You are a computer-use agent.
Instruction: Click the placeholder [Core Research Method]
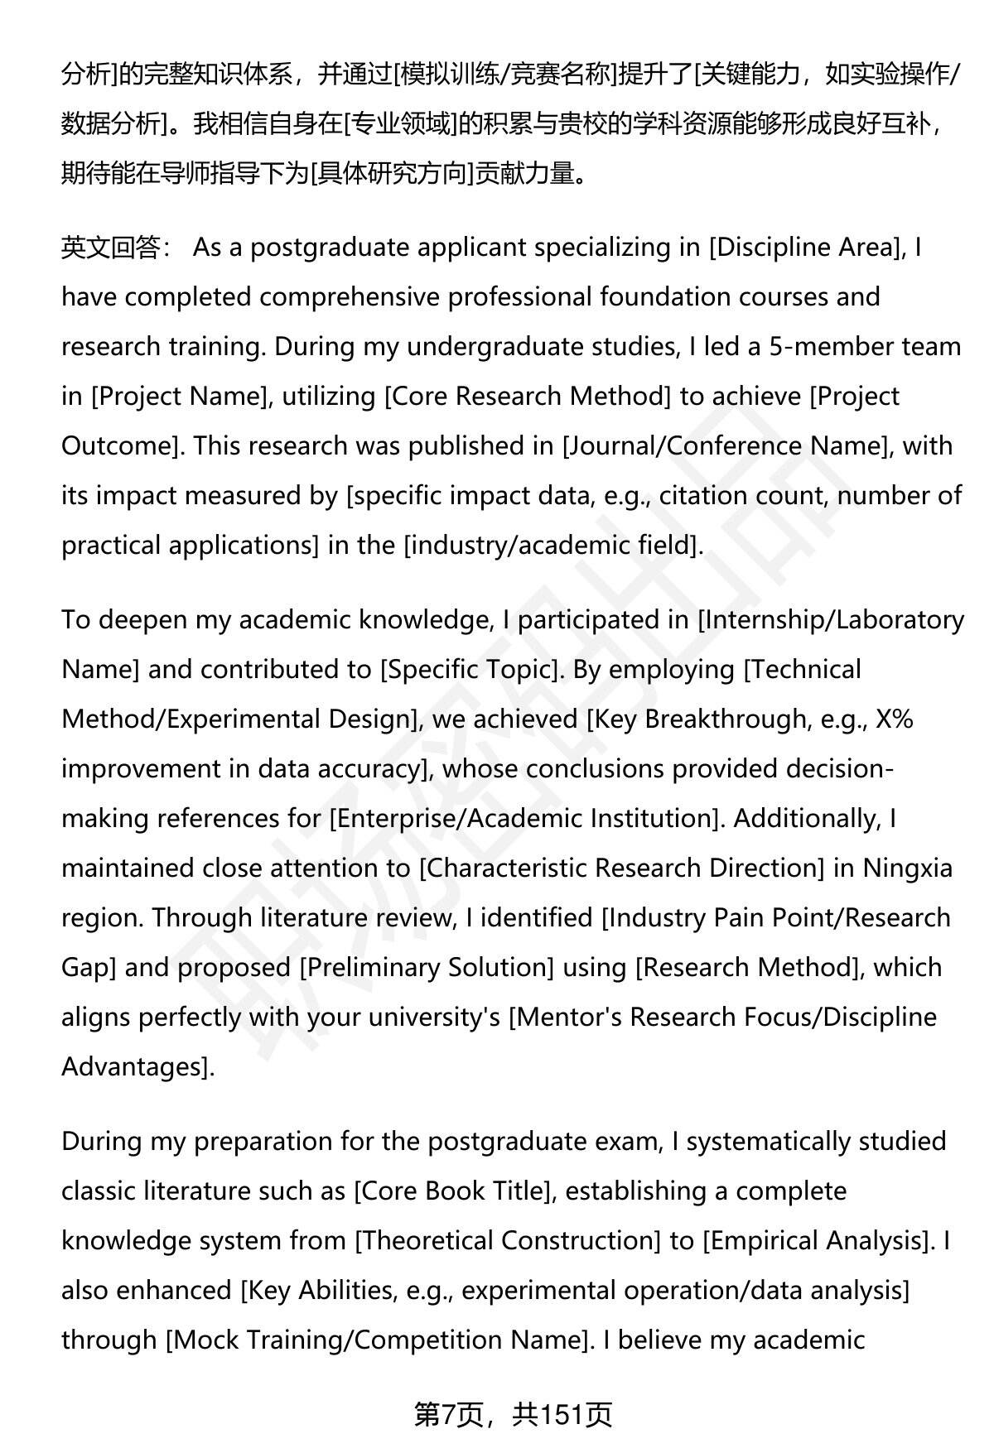[x=528, y=396]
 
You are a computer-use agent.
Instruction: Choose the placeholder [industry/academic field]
[x=552, y=545]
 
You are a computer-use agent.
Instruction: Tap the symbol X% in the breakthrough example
[x=894, y=719]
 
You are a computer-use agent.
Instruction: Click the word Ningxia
[x=908, y=868]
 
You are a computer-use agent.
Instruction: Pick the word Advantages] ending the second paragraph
[x=137, y=1066]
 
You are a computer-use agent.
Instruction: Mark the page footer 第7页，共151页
[x=514, y=1415]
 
